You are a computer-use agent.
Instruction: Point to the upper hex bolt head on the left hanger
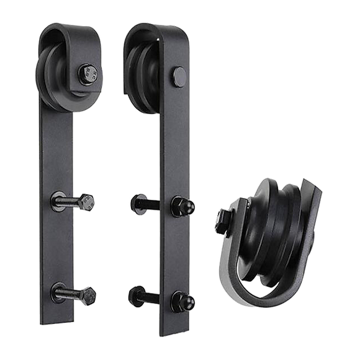click(x=89, y=203)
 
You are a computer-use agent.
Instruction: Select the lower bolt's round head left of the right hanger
click(x=132, y=293)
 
